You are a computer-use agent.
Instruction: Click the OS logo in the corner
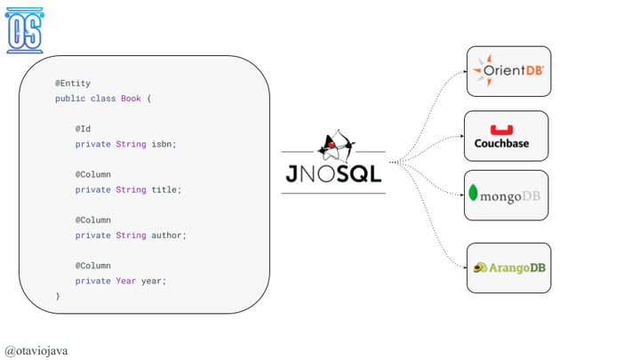24,30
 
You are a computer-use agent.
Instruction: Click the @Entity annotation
73,84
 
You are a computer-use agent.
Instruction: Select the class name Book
131,99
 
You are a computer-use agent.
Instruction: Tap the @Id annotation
83,129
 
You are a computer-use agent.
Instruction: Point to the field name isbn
162,144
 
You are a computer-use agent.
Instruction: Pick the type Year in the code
125,281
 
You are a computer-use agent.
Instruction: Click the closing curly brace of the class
58,296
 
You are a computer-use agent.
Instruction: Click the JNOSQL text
333,173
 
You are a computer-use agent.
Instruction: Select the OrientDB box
508,71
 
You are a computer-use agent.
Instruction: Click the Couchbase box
506,136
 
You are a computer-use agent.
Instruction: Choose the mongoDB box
506,196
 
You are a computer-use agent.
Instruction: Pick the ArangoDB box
508,268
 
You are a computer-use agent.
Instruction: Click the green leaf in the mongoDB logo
474,193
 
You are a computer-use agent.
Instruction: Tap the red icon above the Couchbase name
501,130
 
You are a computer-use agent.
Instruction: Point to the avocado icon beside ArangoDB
480,268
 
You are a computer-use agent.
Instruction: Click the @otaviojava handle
36,350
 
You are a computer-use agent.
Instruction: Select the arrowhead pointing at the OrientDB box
464,71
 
